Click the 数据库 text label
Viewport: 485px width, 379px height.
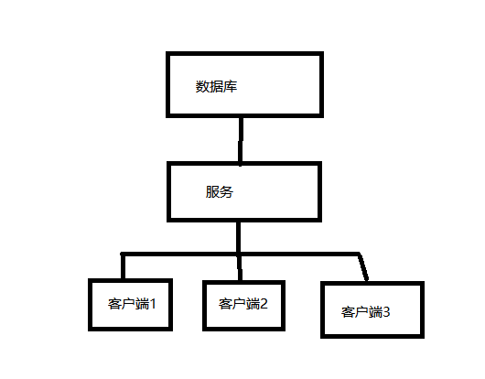coord(216,86)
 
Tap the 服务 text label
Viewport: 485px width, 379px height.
coord(220,192)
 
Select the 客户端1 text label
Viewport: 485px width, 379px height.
coord(132,304)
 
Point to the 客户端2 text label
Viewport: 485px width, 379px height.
coord(242,304)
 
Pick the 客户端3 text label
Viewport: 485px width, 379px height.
coord(365,312)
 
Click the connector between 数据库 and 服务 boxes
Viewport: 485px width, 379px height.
coord(241,140)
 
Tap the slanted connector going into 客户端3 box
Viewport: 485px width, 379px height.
coord(363,267)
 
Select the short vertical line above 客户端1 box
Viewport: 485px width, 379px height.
coord(124,266)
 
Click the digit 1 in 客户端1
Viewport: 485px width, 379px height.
coord(153,304)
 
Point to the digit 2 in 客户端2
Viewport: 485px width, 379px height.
coord(264,304)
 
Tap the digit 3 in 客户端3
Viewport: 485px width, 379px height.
coord(386,312)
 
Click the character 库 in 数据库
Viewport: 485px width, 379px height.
coord(230,86)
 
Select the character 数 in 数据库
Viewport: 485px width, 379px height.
coord(202,86)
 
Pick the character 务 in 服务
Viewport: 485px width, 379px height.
coord(226,192)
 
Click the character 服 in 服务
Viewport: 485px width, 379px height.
coord(212,192)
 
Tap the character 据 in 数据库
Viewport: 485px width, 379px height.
coord(216,86)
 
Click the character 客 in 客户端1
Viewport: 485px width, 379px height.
coord(114,304)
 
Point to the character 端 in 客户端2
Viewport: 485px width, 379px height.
coord(253,304)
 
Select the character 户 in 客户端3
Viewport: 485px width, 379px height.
coord(361,312)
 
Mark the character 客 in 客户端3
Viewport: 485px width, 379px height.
coord(348,312)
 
